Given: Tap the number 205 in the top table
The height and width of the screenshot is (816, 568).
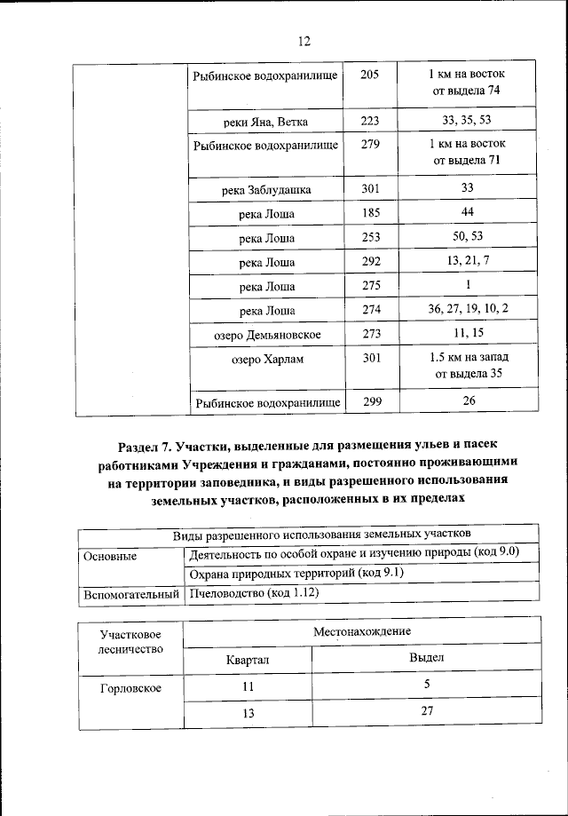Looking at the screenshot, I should [370, 75].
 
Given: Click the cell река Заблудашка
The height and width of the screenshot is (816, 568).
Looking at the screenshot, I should [266, 190].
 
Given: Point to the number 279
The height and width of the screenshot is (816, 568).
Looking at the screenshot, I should [370, 143].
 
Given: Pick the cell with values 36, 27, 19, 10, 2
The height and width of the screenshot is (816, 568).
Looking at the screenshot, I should [467, 310].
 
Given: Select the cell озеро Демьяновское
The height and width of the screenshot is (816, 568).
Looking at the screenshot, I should [266, 335].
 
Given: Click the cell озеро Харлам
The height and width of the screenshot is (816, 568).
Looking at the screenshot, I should [266, 359].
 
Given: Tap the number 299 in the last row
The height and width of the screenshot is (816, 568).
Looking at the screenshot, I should [370, 401].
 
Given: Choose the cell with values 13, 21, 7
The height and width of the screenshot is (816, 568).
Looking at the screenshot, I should [467, 262].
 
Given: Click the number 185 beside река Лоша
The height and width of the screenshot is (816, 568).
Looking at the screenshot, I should [370, 214].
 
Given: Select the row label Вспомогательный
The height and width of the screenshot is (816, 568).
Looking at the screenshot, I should [130, 592].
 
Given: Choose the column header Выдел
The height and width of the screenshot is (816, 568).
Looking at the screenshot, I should [425, 658].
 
